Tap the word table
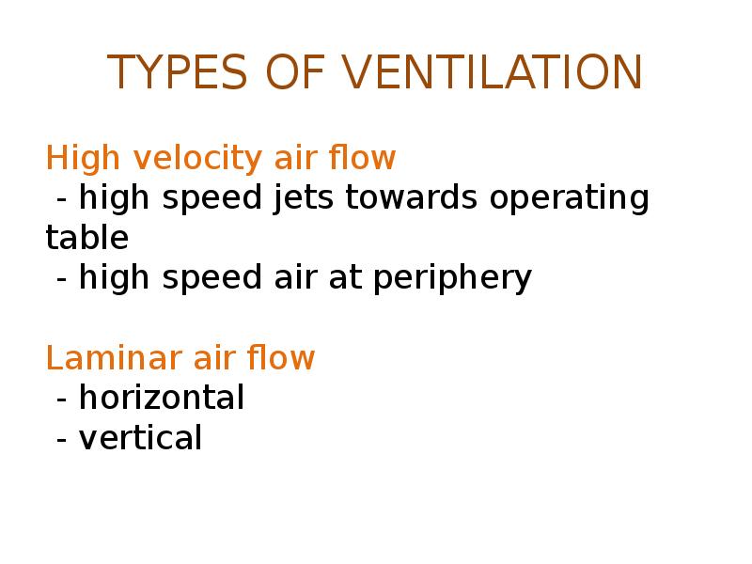(x=86, y=238)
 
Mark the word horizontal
(x=162, y=398)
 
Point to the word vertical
(x=140, y=438)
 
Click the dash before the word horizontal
(x=62, y=399)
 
